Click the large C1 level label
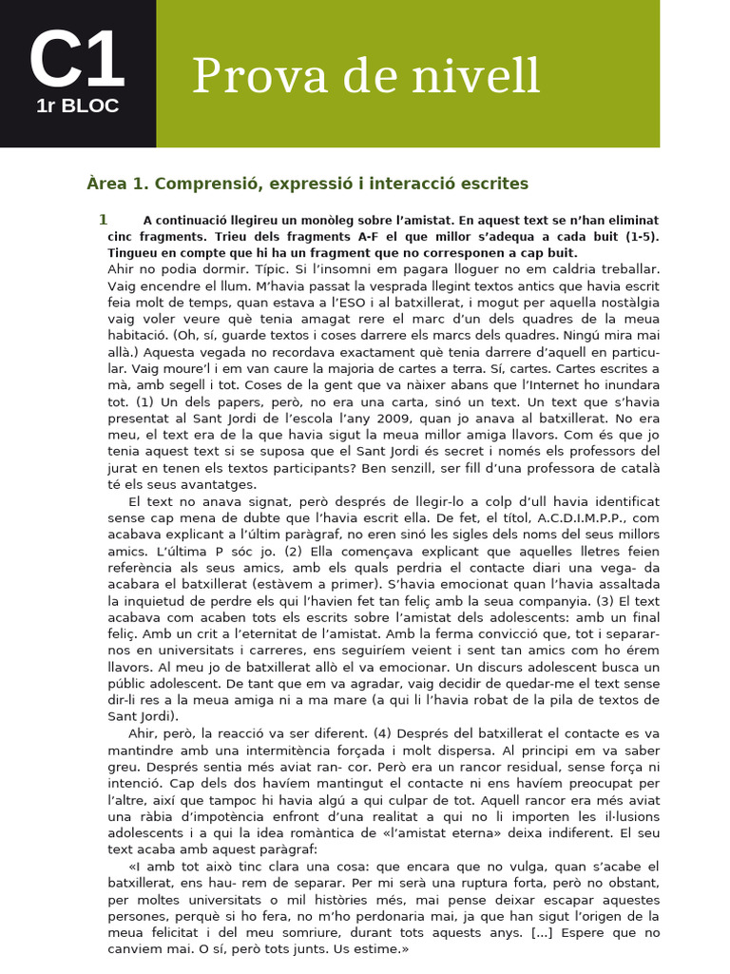pos(77,60)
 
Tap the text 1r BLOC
pos(77,107)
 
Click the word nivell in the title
pos(484,76)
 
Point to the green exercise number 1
pos(103,220)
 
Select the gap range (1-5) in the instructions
pos(642,236)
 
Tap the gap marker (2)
pos(293,552)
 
